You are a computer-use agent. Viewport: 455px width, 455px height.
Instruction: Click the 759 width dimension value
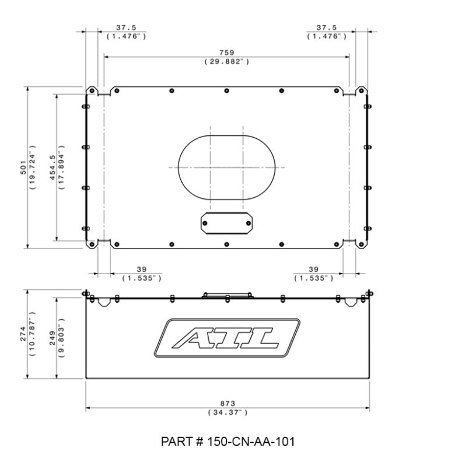227,53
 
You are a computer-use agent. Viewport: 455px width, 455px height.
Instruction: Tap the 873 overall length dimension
228,404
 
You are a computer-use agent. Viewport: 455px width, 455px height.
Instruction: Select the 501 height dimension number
23,167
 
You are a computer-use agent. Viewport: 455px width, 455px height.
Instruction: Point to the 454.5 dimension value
52,167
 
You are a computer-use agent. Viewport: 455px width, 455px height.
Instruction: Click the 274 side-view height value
23,334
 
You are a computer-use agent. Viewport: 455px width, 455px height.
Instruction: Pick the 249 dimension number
52,338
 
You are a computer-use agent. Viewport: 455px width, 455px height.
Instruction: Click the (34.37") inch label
228,412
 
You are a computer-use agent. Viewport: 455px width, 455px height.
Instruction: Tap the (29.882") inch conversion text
227,61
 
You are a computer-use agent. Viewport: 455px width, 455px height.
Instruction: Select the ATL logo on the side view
228,338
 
